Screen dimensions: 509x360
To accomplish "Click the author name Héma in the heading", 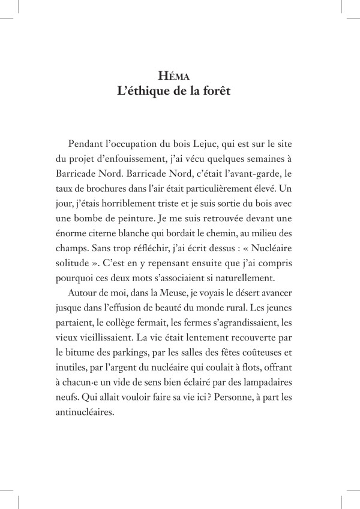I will click(x=179, y=76).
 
